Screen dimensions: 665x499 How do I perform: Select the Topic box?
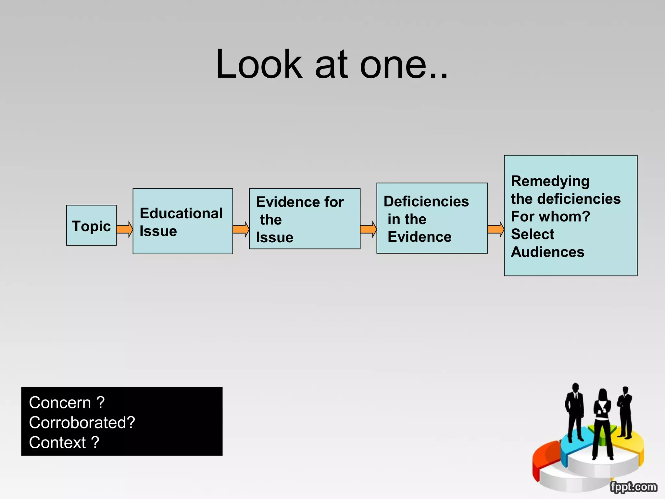[91, 225]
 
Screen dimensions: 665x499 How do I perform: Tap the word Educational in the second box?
[181, 213]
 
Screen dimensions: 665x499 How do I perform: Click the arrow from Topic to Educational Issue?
[125, 229]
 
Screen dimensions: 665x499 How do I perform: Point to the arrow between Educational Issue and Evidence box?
[241, 229]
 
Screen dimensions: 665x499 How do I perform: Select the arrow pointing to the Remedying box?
[496, 229]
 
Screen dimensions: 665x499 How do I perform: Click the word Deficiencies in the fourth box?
[426, 201]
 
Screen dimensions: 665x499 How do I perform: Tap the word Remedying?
[550, 181]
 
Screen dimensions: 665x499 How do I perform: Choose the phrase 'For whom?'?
[550, 216]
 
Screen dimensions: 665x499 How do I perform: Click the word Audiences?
[547, 252]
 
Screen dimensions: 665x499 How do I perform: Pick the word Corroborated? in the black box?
[82, 423]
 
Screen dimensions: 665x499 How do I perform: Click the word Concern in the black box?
[60, 403]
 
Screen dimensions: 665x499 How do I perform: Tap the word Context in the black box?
[57, 442]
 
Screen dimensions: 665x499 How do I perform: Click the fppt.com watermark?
[633, 487]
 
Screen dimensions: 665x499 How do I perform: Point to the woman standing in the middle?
[602, 422]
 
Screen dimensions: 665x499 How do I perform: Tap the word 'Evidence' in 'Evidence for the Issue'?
[283, 202]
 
